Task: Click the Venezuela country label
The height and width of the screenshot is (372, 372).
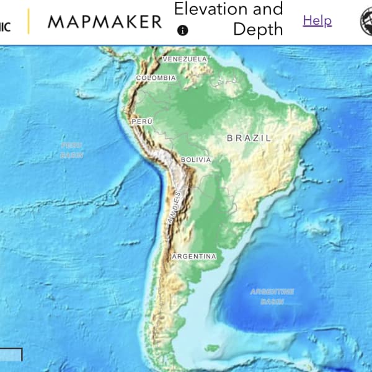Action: (x=185, y=59)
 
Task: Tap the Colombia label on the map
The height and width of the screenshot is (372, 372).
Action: (x=156, y=78)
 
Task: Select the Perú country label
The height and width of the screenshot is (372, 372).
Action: (x=142, y=122)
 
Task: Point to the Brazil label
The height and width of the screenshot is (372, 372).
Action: (x=249, y=138)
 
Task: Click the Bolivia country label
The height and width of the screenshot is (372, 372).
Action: (x=196, y=160)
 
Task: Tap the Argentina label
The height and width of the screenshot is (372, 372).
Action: (x=194, y=256)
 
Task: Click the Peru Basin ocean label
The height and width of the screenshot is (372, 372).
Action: (x=71, y=150)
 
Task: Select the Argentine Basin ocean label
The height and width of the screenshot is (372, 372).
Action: (x=272, y=296)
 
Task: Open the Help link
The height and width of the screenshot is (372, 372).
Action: (x=317, y=20)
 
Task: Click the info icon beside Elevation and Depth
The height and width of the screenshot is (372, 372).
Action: (x=182, y=30)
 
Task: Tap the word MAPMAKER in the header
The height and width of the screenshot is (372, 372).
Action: (x=105, y=22)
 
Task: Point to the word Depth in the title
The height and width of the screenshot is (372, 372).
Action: (x=258, y=30)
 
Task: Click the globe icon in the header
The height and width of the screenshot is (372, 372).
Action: (x=366, y=22)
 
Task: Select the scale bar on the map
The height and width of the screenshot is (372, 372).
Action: (x=11, y=355)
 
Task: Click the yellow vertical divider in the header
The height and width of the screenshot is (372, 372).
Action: (x=29, y=22)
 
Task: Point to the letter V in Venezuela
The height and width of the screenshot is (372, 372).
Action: (x=165, y=59)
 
